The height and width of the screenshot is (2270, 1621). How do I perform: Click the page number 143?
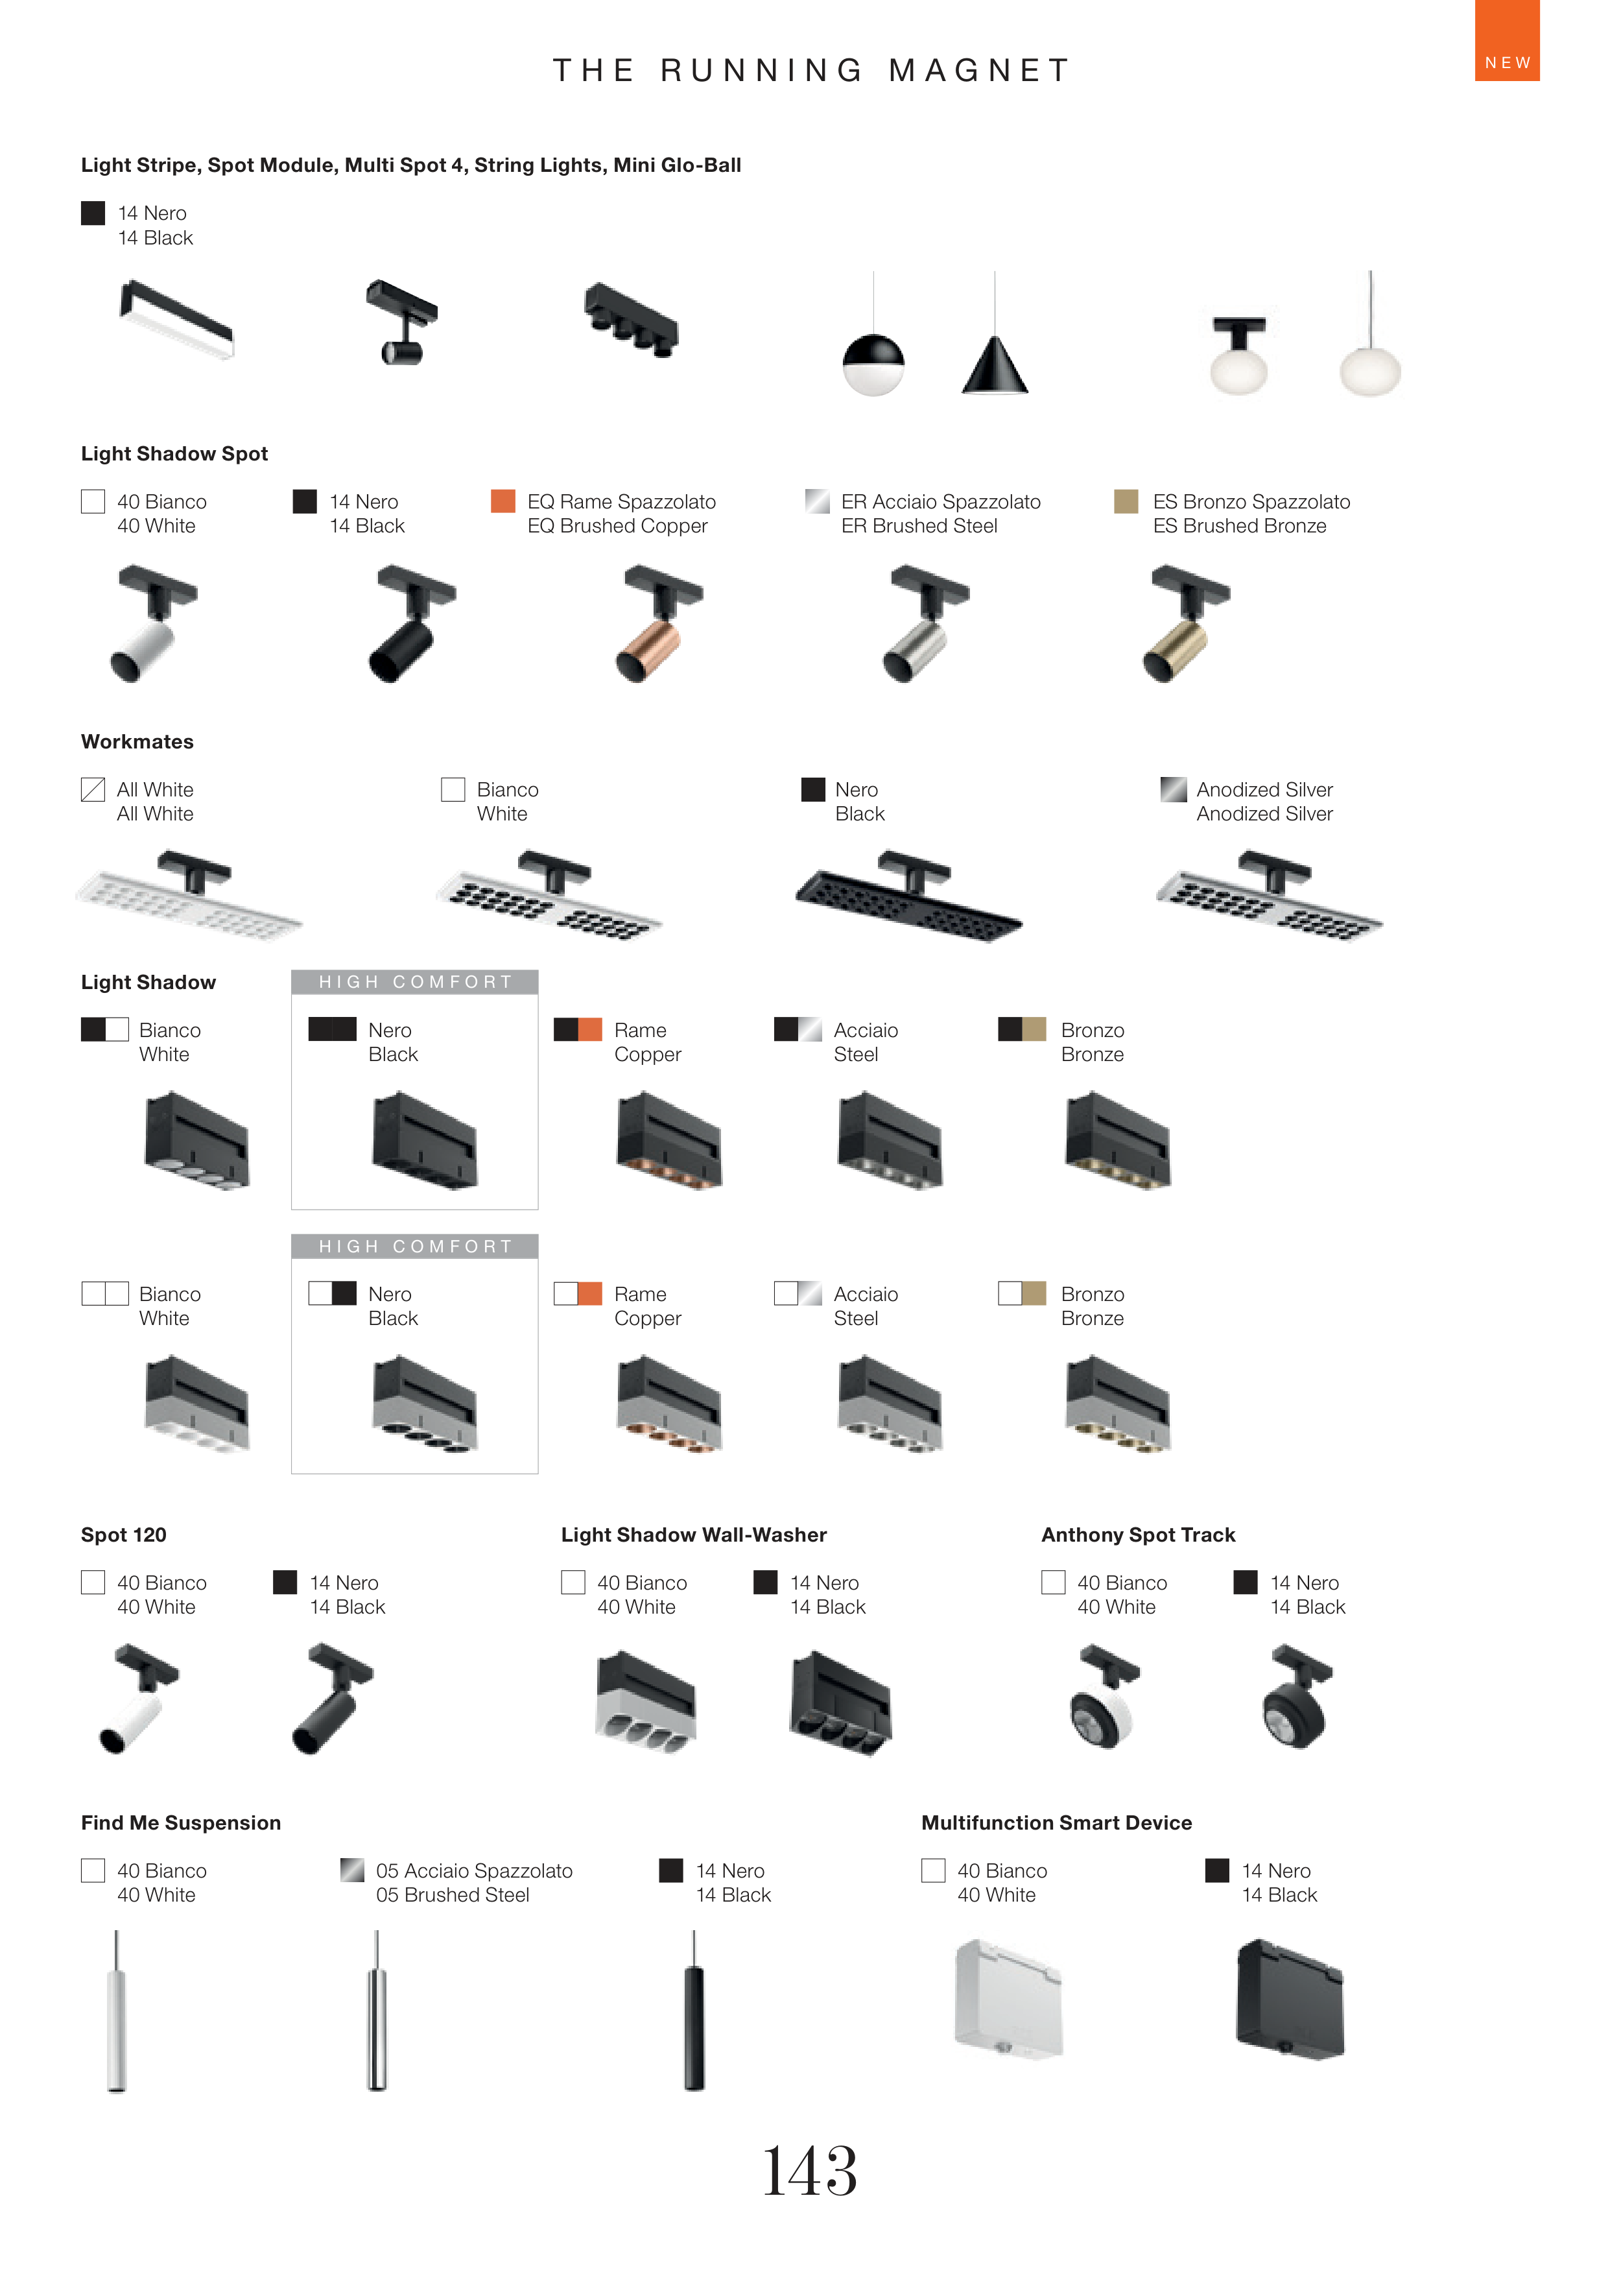click(809, 2170)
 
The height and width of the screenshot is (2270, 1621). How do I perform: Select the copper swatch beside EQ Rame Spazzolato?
click(503, 501)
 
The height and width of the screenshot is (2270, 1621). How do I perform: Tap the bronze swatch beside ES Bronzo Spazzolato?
click(1126, 501)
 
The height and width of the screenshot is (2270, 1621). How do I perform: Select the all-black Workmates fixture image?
click(908, 896)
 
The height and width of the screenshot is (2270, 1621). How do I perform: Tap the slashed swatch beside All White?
click(93, 789)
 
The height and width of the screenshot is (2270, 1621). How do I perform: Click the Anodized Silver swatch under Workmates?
click(1173, 789)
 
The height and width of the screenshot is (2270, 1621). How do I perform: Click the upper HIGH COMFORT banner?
click(414, 983)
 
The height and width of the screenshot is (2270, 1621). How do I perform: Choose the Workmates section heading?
click(137, 742)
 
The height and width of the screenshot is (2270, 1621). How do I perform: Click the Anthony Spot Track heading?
click(1138, 1535)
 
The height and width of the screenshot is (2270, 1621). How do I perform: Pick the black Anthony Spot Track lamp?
click(1297, 1698)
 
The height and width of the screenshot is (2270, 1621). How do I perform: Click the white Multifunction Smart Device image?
click(1008, 2000)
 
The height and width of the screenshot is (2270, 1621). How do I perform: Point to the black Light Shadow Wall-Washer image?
click(840, 1704)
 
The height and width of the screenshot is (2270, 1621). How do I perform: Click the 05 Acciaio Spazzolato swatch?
click(351, 1870)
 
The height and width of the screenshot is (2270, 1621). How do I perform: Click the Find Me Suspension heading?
click(181, 1822)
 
